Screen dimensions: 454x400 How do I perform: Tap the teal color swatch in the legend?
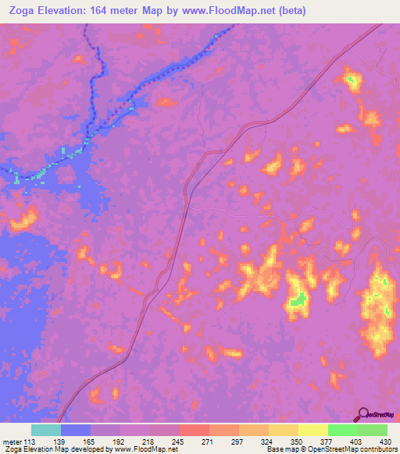(x=46, y=430)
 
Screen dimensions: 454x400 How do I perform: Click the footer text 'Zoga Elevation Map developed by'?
(x=59, y=449)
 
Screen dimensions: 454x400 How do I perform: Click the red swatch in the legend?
(x=194, y=430)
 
